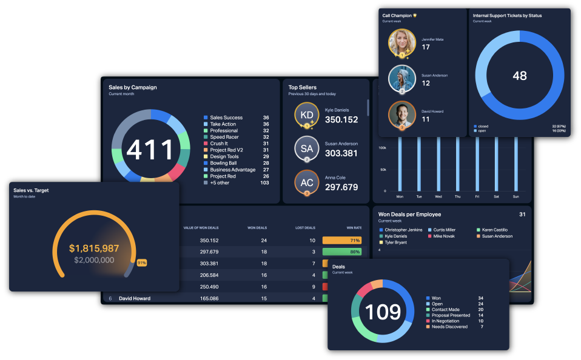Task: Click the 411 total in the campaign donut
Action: [x=150, y=150]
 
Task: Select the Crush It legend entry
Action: [x=219, y=144]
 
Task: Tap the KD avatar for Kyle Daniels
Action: [x=307, y=115]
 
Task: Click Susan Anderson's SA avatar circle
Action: [x=307, y=148]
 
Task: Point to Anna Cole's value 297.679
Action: [x=341, y=187]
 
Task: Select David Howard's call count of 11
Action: [x=426, y=119]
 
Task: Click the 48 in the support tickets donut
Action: [x=520, y=76]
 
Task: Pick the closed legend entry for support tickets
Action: [x=483, y=126]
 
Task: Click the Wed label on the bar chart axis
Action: [x=438, y=197]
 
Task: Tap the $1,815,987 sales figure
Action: [x=94, y=248]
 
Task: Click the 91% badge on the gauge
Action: [x=142, y=262]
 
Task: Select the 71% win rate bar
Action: [x=342, y=241]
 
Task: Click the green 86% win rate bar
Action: [x=342, y=252]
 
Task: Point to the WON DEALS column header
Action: [x=257, y=228]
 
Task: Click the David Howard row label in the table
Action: [x=135, y=298]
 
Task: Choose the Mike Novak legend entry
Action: [x=443, y=236]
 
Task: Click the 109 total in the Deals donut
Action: [x=383, y=312]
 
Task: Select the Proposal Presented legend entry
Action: [x=451, y=315]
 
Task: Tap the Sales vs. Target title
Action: [x=31, y=190]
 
